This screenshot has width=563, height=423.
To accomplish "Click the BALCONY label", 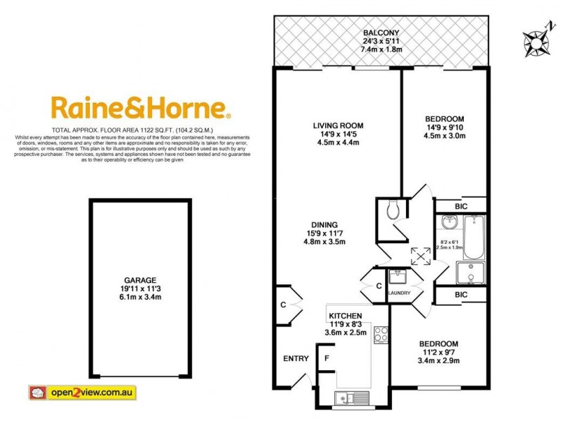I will [x=381, y=32].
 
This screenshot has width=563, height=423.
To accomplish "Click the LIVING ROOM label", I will [x=338, y=126].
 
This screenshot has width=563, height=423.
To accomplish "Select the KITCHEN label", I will [x=345, y=316].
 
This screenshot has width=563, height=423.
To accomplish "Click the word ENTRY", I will [x=296, y=359].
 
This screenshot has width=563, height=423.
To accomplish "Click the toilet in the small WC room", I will [x=393, y=209].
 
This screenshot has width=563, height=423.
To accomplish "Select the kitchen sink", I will [x=350, y=398].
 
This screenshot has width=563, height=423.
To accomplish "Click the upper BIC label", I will [x=460, y=206].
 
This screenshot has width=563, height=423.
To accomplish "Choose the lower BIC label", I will [x=460, y=294].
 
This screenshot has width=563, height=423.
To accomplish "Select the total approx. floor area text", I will [x=141, y=131].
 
